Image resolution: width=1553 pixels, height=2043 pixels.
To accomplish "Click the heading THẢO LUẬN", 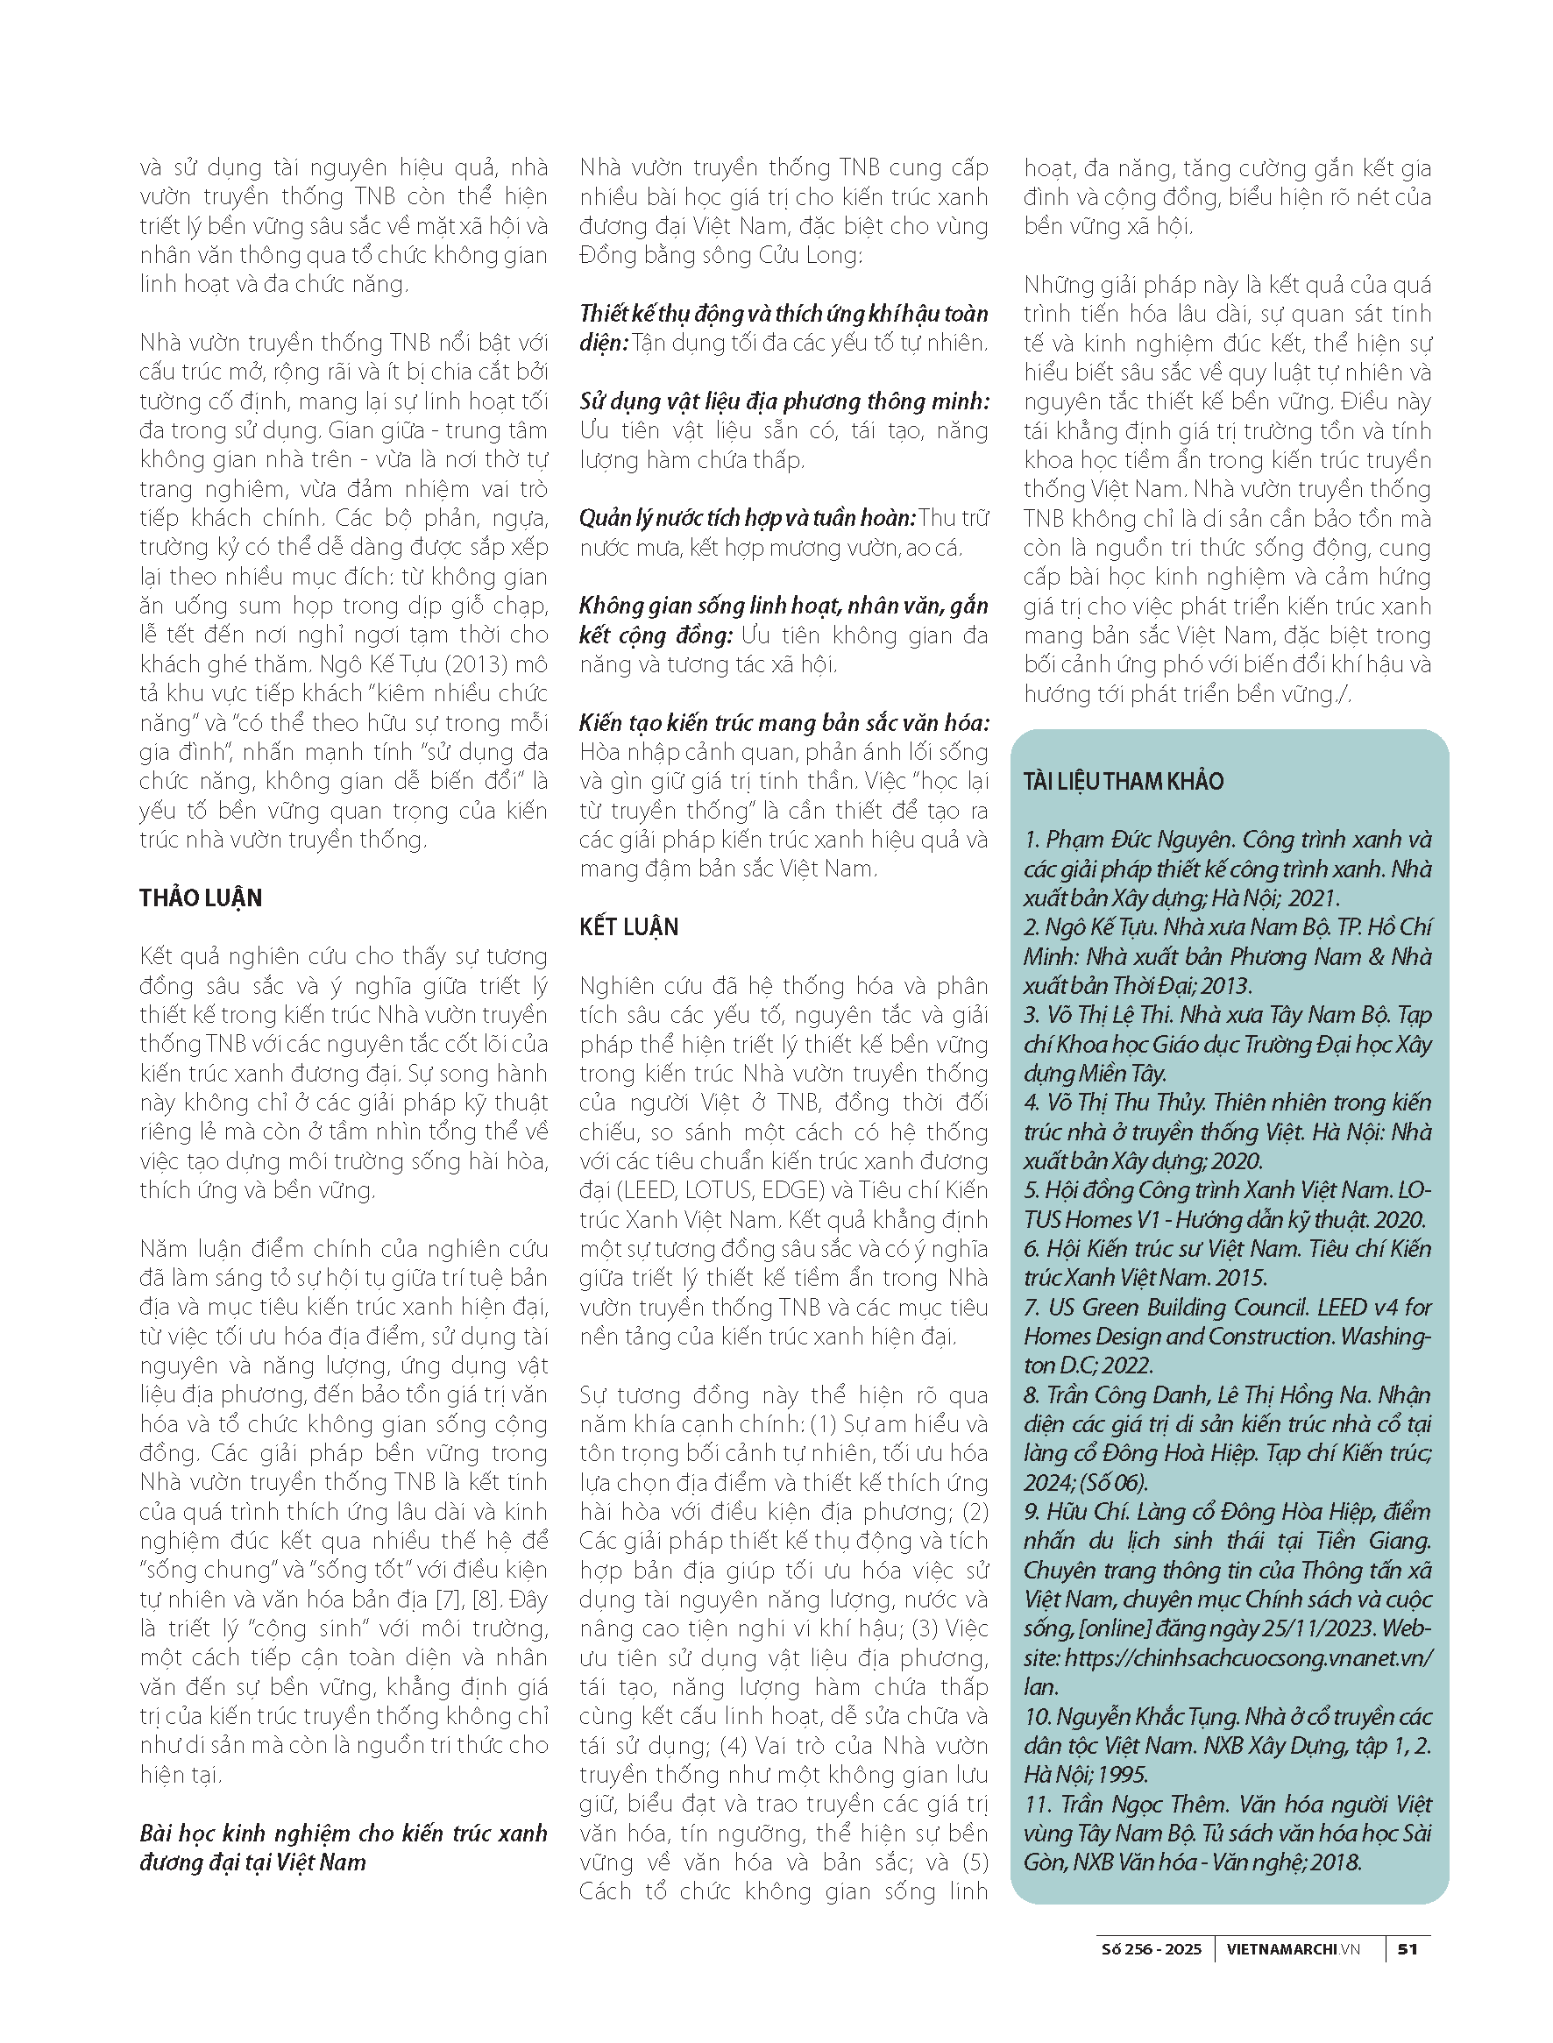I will [201, 897].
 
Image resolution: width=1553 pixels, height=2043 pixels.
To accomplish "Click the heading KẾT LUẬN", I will [628, 927].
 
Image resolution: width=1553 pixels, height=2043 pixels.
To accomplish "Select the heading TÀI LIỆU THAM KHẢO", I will [1124, 781].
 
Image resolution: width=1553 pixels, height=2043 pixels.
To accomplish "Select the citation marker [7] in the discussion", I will [455, 1600].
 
